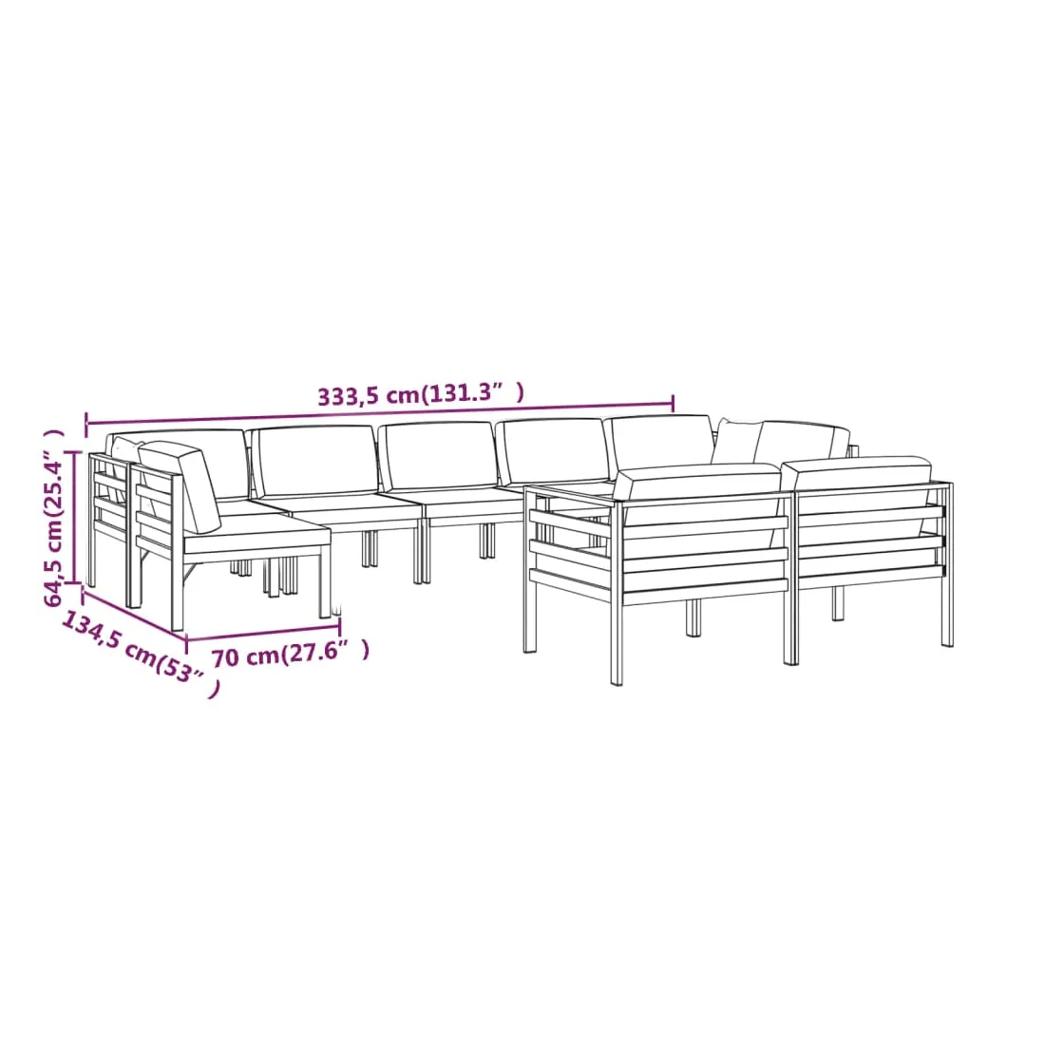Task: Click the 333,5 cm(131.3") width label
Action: tap(420, 394)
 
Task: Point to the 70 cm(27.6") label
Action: tap(290, 655)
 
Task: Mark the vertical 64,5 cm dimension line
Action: tap(75, 517)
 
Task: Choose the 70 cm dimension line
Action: tap(263, 633)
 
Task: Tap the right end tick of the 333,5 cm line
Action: tap(674, 403)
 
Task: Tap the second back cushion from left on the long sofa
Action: tap(316, 461)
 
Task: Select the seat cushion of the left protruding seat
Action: tap(256, 533)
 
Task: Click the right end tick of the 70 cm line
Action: tap(340, 626)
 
